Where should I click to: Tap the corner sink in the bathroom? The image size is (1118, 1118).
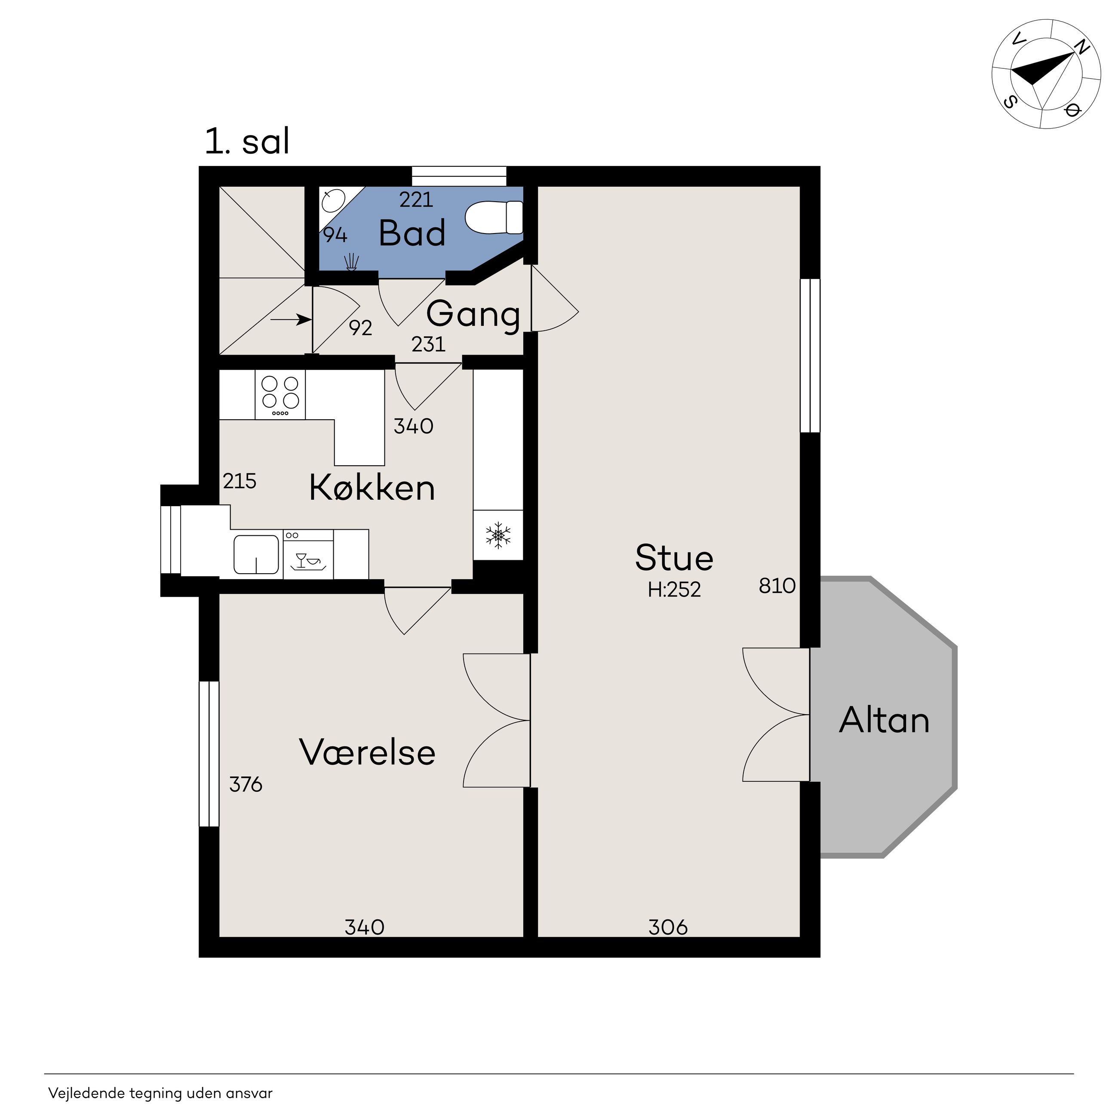333,200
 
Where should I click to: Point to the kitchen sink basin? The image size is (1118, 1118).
256,554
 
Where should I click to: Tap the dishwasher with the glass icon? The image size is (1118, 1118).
308,554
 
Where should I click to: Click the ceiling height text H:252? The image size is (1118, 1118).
674,590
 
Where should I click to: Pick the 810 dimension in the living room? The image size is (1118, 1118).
777,586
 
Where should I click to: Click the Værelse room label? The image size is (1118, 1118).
368,752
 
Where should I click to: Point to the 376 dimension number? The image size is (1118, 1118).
246,785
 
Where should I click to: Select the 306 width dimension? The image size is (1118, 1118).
668,928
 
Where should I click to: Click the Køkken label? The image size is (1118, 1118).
372,487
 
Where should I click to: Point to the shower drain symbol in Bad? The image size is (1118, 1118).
351,263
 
